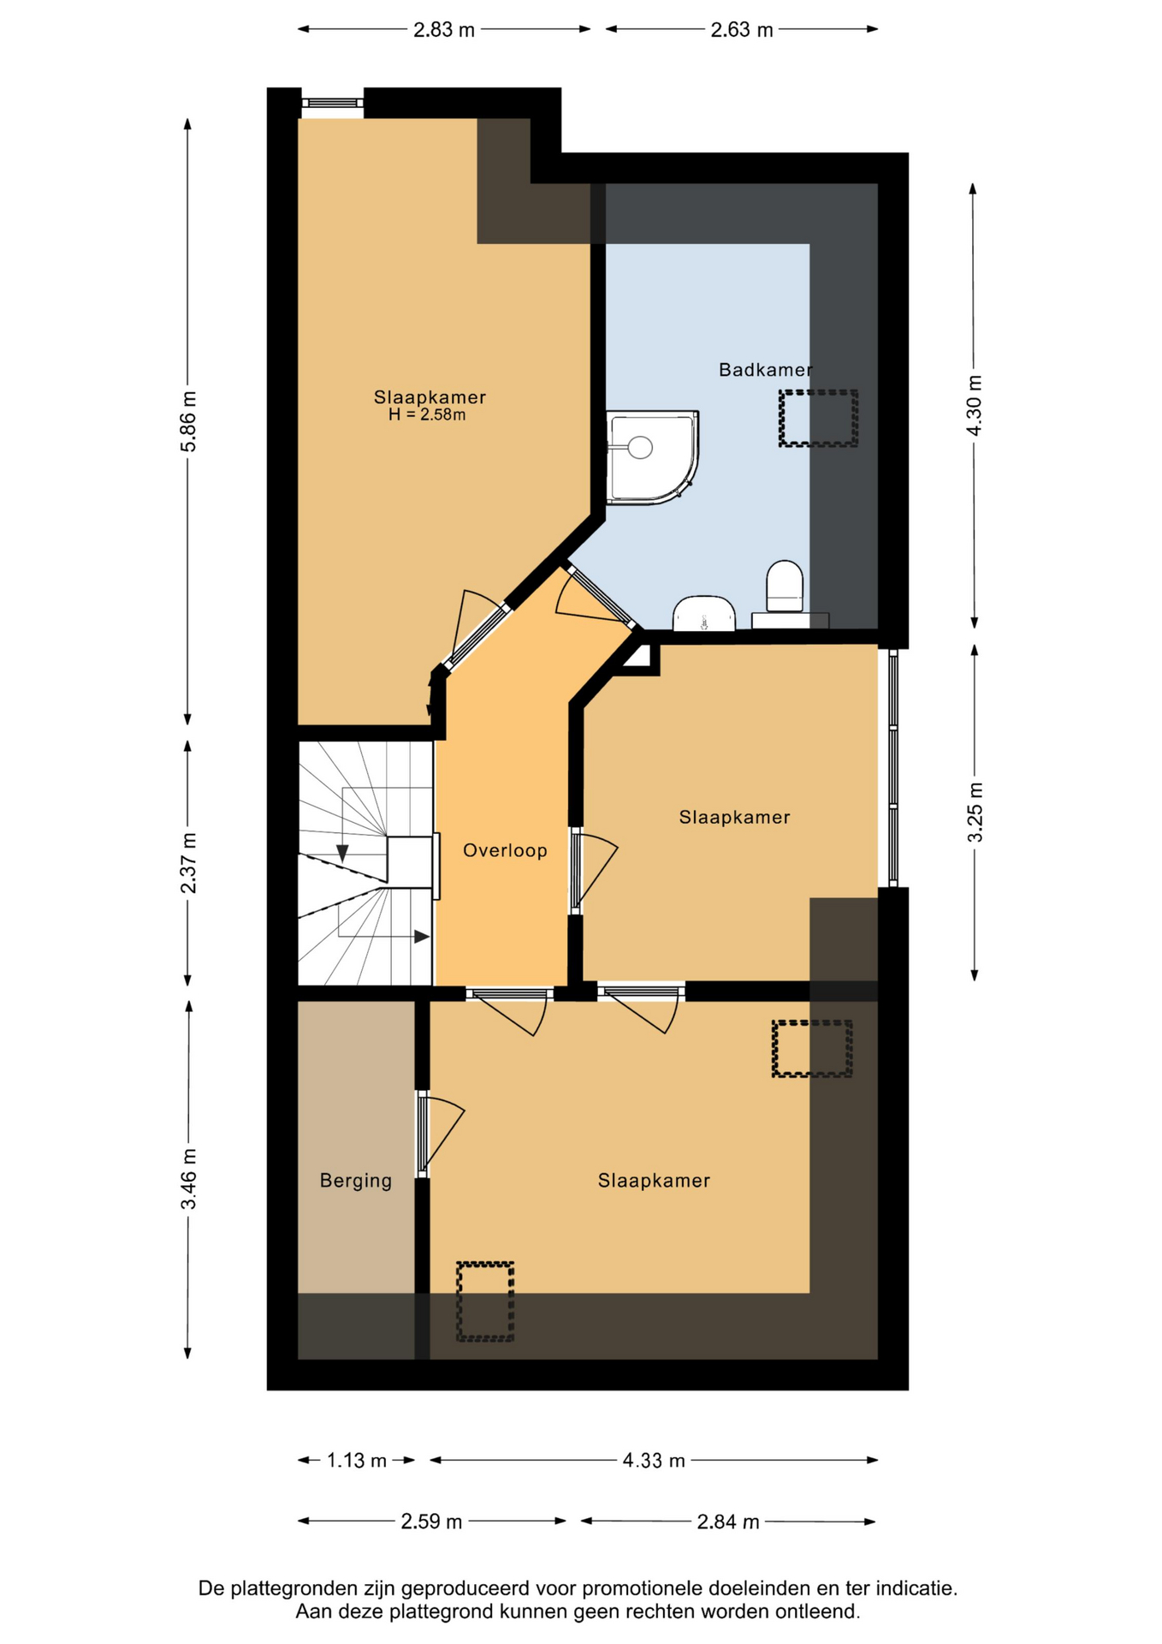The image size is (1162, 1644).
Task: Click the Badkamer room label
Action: click(x=765, y=370)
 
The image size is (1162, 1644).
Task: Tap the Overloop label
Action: click(x=505, y=850)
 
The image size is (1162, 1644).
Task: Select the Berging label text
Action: click(x=356, y=1181)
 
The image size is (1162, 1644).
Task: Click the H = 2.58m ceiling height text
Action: click(x=427, y=415)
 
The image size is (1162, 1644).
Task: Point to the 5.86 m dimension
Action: click(x=189, y=421)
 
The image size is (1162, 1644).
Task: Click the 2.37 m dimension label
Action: click(x=189, y=862)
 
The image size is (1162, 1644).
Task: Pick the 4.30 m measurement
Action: click(x=975, y=405)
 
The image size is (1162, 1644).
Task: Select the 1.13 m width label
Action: click(x=357, y=1461)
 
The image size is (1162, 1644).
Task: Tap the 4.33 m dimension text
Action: click(x=654, y=1461)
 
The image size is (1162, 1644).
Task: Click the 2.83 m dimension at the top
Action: click(x=444, y=30)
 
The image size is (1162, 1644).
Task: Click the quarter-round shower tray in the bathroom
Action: click(x=653, y=458)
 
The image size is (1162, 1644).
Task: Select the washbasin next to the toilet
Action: click(x=704, y=613)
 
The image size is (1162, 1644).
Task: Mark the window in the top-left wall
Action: click(x=333, y=104)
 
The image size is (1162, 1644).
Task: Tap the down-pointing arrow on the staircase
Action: click(x=342, y=854)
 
